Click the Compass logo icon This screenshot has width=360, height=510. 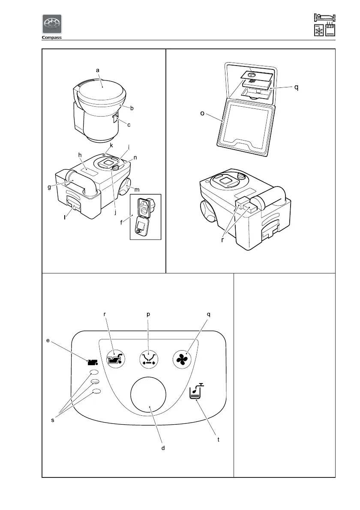pyautogui.click(x=52, y=24)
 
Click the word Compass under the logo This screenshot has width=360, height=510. pyautogui.click(x=52, y=37)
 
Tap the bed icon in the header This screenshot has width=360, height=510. pyautogui.click(x=324, y=18)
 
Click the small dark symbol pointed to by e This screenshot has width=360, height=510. pyautogui.click(x=91, y=362)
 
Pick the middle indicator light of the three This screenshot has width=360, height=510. pyautogui.click(x=95, y=381)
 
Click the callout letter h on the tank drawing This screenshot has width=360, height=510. pyautogui.click(x=80, y=155)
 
